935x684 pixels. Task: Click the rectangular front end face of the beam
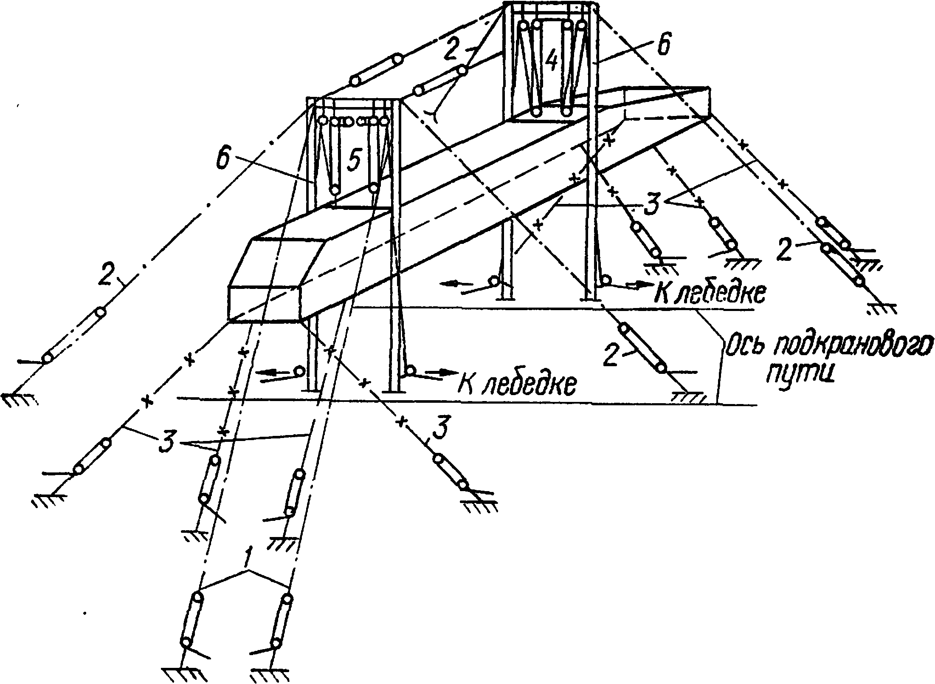tap(265, 302)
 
